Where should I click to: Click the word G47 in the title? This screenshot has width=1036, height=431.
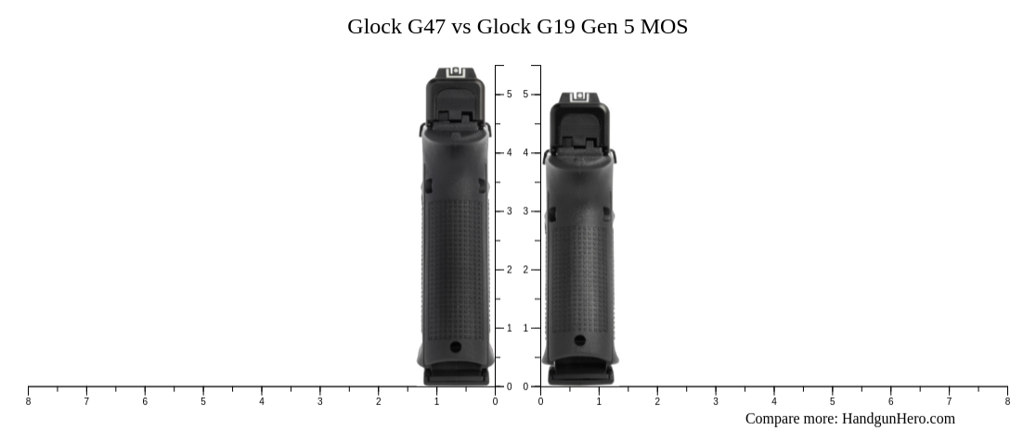pyautogui.click(x=426, y=27)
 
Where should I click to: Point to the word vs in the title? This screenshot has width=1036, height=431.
pyautogui.click(x=460, y=27)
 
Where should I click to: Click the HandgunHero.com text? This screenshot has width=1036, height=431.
pyautogui.click(x=898, y=419)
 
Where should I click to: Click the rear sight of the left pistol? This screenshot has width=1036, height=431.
pyautogui.click(x=456, y=72)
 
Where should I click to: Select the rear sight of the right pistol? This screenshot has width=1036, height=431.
pyautogui.click(x=580, y=96)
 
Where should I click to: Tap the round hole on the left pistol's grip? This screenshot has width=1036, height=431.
pyautogui.click(x=455, y=347)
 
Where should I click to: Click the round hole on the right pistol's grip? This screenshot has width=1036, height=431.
pyautogui.click(x=580, y=340)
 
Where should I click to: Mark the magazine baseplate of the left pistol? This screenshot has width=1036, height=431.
pyautogui.click(x=456, y=375)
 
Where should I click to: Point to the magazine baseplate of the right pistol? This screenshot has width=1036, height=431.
pyautogui.click(x=580, y=374)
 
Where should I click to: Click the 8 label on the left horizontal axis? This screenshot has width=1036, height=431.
pyautogui.click(x=28, y=401)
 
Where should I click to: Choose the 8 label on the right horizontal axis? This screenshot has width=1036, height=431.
pyautogui.click(x=1007, y=401)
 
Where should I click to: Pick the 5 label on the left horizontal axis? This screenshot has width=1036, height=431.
pyautogui.click(x=203, y=401)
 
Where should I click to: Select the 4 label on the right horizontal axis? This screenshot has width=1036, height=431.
pyautogui.click(x=774, y=401)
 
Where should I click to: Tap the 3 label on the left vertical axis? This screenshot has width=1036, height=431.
pyautogui.click(x=509, y=211)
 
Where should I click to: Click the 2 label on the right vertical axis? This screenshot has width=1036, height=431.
pyautogui.click(x=525, y=270)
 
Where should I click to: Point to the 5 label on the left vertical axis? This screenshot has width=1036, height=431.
pyautogui.click(x=509, y=95)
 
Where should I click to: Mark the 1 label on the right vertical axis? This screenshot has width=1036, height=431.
pyautogui.click(x=525, y=328)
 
